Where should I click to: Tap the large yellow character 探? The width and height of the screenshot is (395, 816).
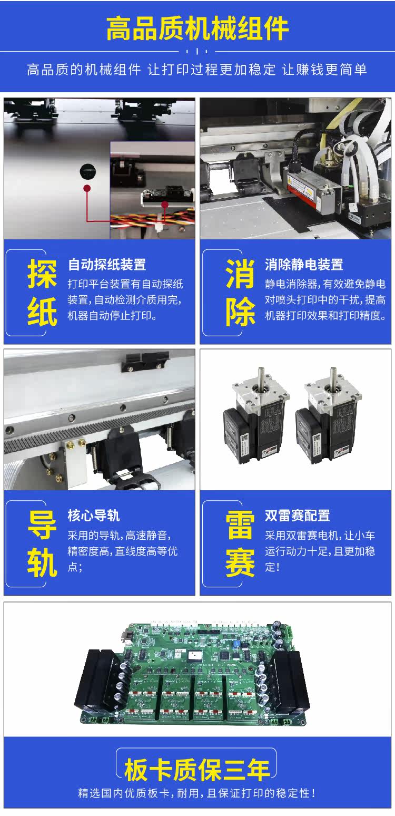(x=42, y=274)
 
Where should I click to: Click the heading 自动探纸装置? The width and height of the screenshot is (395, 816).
(x=107, y=265)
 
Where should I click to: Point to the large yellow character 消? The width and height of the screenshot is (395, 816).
(x=240, y=274)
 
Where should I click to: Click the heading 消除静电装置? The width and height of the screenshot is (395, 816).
(x=304, y=265)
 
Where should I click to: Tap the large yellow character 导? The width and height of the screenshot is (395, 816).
(x=42, y=526)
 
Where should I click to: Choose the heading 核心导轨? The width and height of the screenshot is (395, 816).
(x=94, y=516)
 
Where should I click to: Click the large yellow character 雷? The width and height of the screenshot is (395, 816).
(x=240, y=526)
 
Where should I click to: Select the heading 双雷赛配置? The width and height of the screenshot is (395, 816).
(x=298, y=516)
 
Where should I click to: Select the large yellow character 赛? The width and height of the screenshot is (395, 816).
(x=240, y=563)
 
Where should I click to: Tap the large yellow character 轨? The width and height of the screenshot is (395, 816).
(x=42, y=563)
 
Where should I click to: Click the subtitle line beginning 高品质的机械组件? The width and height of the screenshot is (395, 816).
(x=197, y=70)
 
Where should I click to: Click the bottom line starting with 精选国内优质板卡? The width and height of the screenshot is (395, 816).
(x=197, y=793)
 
